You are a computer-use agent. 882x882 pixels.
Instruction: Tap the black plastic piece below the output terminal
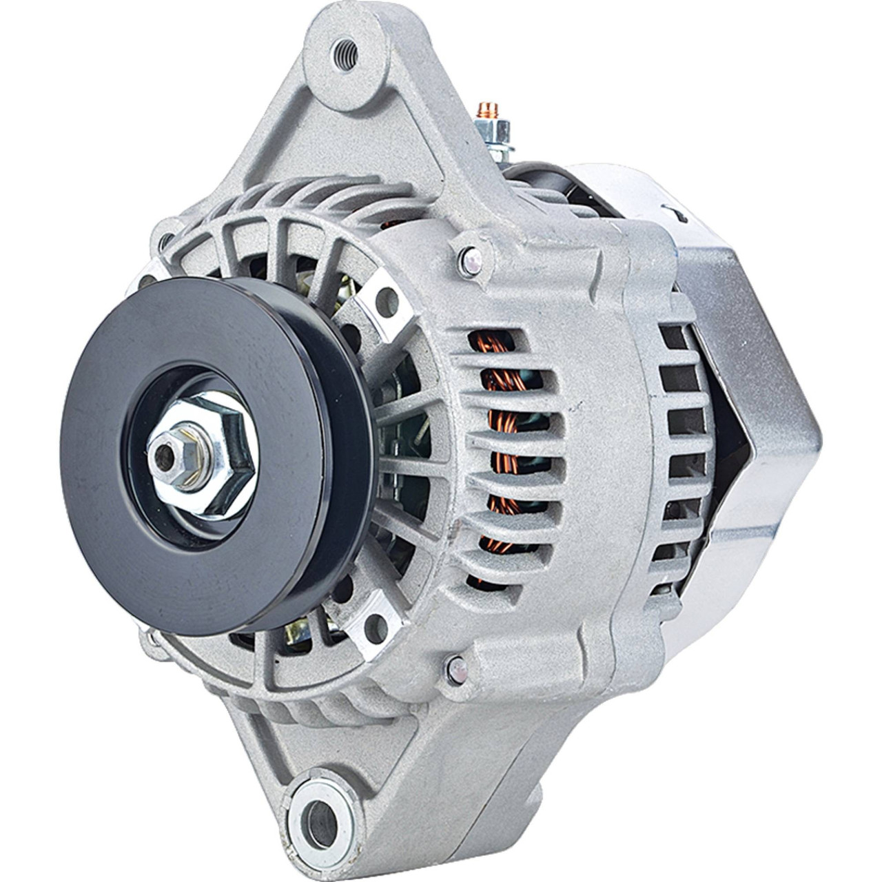point(544,172)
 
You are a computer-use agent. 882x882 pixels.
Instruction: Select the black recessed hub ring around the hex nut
point(172,503)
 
